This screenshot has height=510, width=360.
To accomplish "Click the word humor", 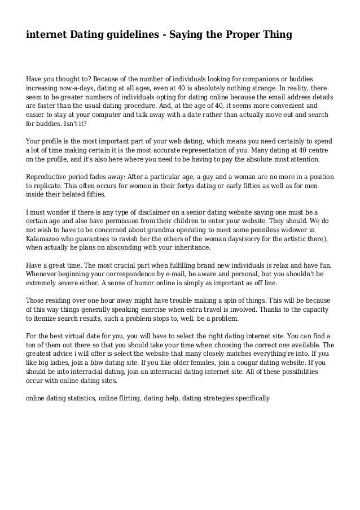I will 134,284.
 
